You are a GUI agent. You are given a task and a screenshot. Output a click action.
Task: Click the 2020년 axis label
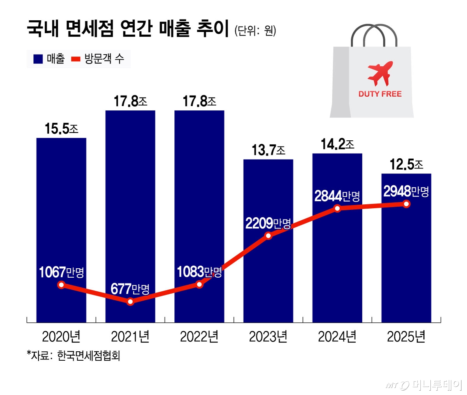coord(61,337)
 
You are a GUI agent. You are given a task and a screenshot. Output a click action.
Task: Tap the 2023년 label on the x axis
coord(268,337)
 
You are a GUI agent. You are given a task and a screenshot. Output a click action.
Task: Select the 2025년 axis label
coord(406,337)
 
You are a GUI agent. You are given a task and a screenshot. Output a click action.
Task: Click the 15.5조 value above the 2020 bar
coord(61,129)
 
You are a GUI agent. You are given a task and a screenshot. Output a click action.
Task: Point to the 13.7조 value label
coord(268,150)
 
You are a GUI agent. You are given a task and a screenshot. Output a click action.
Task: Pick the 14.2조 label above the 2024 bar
coord(337,144)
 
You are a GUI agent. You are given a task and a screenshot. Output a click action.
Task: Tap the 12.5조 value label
coord(406,165)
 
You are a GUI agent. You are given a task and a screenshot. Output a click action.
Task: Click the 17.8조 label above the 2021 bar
coord(130,101)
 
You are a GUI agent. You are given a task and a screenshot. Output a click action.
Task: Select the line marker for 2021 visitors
coord(130,301)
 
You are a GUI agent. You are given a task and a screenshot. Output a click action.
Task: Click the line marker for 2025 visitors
coord(406,204)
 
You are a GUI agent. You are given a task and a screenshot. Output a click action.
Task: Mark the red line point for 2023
coord(268,236)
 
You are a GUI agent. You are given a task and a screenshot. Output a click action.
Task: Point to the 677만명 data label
coord(130,289)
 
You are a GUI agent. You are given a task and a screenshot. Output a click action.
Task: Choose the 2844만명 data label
coord(337,196)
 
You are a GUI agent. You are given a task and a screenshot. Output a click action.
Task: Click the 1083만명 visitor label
coord(199,272)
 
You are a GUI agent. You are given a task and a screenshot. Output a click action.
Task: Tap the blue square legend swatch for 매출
coord(38,59)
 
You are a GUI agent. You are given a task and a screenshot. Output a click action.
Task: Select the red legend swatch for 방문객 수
coord(75,59)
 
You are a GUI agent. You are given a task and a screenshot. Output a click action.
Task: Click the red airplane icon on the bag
coord(380,73)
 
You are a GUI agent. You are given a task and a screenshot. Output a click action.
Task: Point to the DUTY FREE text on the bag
coord(380,94)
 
